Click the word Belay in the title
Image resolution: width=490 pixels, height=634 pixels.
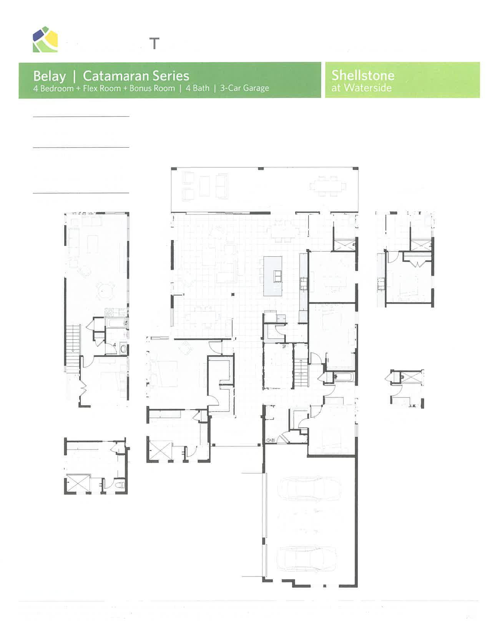click(x=49, y=76)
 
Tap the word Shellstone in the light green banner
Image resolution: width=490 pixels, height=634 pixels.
click(x=363, y=75)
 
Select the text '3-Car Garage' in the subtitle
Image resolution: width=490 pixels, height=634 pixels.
click(x=244, y=88)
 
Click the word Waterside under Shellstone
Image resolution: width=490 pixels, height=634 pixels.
click(x=368, y=88)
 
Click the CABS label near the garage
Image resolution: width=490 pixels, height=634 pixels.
click(x=271, y=440)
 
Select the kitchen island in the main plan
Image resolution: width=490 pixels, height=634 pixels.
click(x=272, y=276)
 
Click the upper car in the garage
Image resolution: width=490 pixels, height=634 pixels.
click(x=309, y=489)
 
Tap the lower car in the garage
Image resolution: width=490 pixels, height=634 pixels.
click(x=307, y=558)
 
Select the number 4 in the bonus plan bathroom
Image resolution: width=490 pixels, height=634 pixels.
click(x=114, y=345)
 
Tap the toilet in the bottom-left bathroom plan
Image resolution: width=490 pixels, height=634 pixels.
click(x=120, y=485)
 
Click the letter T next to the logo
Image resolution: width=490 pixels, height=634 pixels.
click(x=154, y=43)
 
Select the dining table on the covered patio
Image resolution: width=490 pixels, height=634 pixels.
click(x=327, y=186)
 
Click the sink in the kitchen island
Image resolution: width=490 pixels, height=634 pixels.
click(x=277, y=276)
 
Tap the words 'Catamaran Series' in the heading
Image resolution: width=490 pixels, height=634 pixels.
click(x=136, y=76)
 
